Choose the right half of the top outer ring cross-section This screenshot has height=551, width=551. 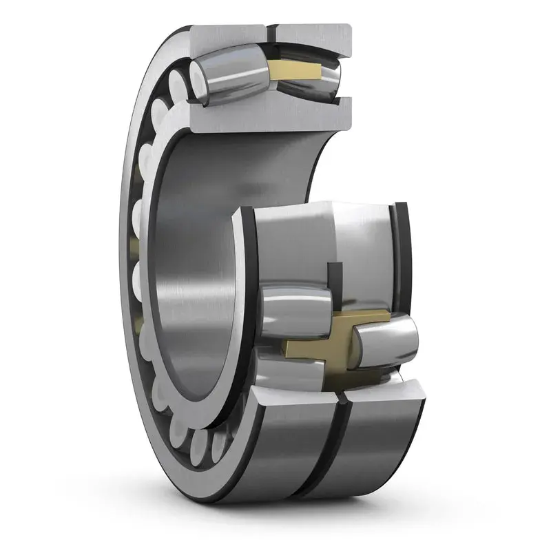[x=313, y=37]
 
